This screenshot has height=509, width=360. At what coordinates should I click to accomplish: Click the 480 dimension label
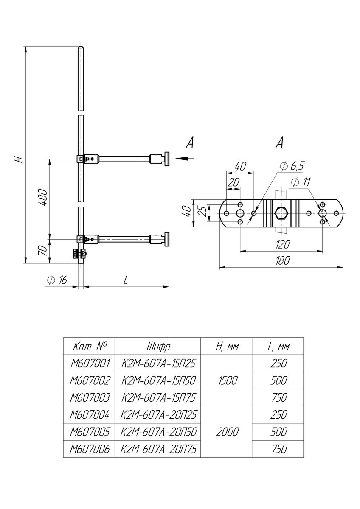pos(43,198)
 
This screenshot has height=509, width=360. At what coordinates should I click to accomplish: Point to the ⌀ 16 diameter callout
pos(57,280)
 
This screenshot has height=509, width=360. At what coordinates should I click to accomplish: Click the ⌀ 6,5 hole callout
pos(292,166)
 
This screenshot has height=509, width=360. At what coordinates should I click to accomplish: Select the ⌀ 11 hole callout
pos(301,182)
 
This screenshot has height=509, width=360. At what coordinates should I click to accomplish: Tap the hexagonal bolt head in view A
pos(281,213)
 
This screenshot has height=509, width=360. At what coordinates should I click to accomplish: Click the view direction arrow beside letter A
pos(184,158)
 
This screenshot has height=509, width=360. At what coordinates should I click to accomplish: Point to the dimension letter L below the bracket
pos(125,280)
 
